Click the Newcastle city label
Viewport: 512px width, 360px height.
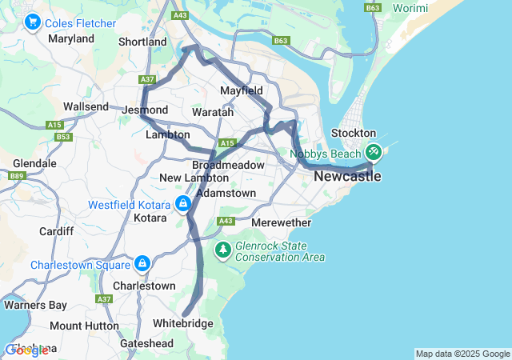pos(346,176)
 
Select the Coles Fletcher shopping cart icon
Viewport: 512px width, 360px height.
pos(33,22)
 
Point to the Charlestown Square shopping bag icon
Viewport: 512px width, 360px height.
pos(142,263)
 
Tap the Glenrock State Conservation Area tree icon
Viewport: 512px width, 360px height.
pos(222,251)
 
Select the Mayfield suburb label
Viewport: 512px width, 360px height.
pos(242,90)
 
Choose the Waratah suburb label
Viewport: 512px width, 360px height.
pos(212,113)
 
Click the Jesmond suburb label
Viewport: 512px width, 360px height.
pos(146,110)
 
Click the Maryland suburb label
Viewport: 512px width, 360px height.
pos(71,38)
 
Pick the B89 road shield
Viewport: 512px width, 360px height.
pos(18,175)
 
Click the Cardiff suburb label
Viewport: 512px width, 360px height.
pos(56,231)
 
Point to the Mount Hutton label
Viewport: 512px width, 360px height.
pos(76,326)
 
